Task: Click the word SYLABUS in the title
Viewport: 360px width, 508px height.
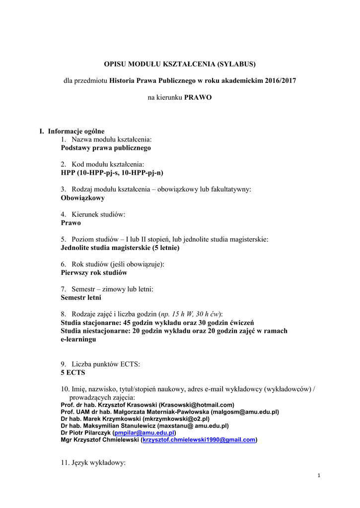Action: (237, 64)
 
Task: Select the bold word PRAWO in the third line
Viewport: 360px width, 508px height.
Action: (198, 97)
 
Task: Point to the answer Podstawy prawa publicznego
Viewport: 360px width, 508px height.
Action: (106, 148)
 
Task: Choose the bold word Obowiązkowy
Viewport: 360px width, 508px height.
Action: (82, 197)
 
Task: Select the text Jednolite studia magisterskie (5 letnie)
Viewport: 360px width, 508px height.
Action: (120, 247)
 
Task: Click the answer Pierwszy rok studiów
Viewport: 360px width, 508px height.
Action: (94, 272)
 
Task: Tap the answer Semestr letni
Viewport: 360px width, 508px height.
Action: (81, 298)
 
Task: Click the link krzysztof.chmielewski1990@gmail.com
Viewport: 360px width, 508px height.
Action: (199, 440)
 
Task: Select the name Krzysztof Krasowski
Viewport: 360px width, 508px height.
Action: (129, 405)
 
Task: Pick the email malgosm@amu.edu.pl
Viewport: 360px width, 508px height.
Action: (244, 412)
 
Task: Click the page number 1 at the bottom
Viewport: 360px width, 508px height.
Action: (319, 476)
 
